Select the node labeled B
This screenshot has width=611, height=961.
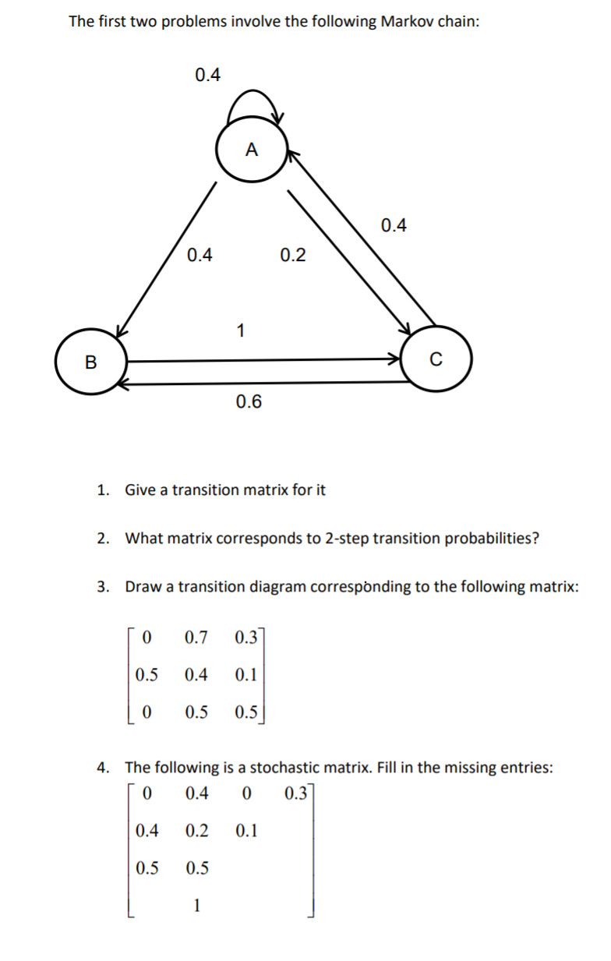point(91,362)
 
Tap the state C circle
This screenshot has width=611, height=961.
point(436,360)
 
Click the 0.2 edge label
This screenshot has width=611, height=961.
point(292,255)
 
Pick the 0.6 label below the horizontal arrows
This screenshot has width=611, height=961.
point(249,402)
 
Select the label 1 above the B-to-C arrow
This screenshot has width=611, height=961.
point(240,330)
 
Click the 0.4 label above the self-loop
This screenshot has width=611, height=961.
point(207,75)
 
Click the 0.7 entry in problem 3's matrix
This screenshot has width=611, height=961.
point(196,637)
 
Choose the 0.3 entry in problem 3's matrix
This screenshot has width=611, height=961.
point(245,637)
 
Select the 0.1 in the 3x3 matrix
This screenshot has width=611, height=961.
point(245,675)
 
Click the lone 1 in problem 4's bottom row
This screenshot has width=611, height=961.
point(197,905)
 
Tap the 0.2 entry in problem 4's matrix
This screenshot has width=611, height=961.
point(197,831)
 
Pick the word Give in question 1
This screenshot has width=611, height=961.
point(141,489)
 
